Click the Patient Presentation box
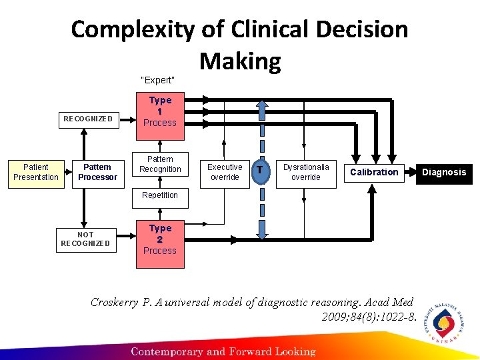coord(35,172)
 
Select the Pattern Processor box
coord(97,172)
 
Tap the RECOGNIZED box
coord(87,119)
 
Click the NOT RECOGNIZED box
coord(85,239)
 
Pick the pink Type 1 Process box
coord(160,111)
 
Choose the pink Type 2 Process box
coord(160,239)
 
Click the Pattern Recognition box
coord(160,165)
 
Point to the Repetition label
coord(160,195)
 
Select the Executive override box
coord(225,172)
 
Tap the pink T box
coord(262,171)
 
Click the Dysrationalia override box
coord(306,172)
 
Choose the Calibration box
coord(374,172)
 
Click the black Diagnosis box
coord(445,172)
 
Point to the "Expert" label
coord(158,81)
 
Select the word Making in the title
coord(240,61)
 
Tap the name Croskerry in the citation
coord(115,302)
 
